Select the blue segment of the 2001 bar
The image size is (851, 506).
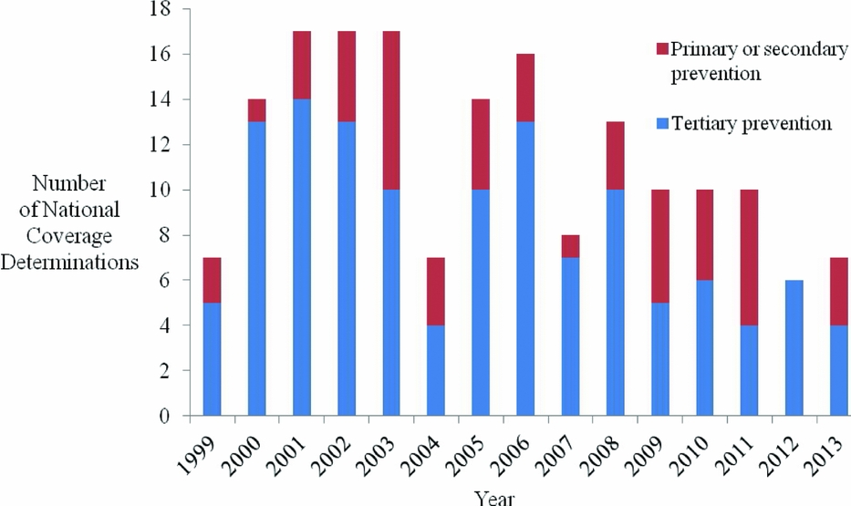coord(301,257)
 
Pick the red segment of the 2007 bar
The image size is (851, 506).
coord(569,246)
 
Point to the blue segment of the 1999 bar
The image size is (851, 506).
coord(212,359)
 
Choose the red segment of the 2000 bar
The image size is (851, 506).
coord(256,110)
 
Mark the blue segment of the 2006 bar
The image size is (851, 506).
coord(524,268)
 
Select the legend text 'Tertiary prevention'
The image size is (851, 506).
coord(751,123)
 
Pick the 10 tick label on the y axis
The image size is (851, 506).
coord(161,191)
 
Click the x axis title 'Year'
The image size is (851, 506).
coord(493,497)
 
